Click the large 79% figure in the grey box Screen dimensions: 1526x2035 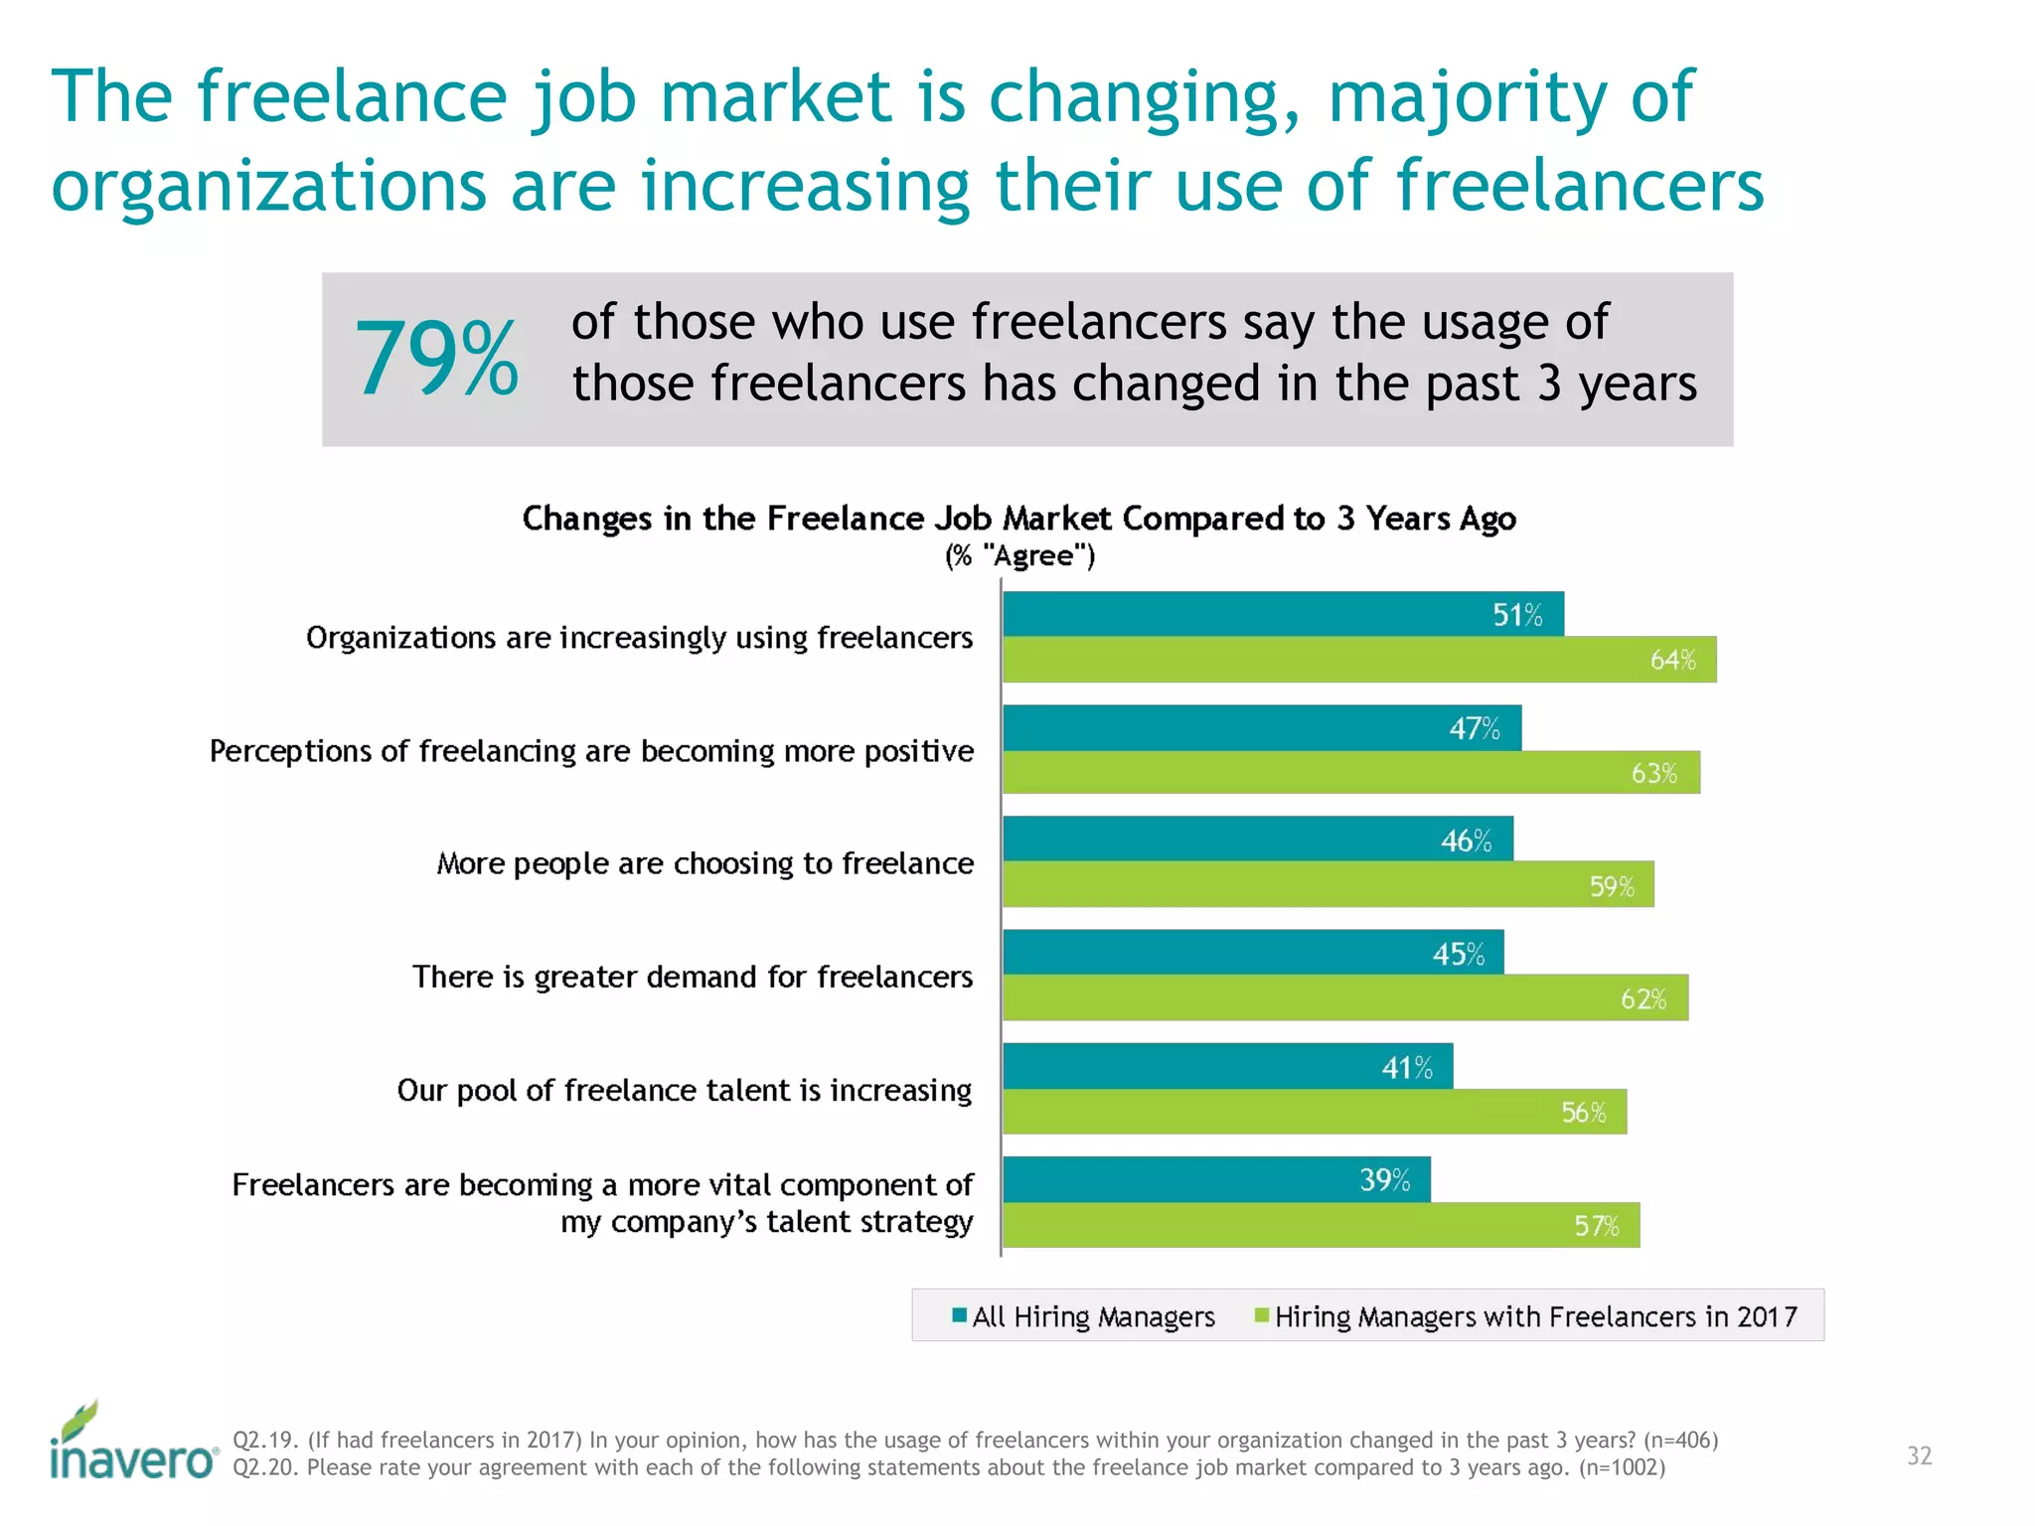[436, 359]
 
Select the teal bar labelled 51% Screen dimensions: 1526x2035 [1282, 614]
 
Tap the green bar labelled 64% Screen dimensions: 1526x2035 [1358, 660]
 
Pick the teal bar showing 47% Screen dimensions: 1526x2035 [1261, 728]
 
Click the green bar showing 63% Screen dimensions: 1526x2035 [1350, 773]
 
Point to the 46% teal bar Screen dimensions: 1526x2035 [1257, 839]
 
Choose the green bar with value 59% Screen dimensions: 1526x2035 [1328, 885]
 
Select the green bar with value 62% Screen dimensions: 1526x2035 [1344, 997]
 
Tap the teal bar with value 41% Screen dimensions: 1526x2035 [1227, 1067]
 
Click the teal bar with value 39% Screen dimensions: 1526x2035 [1216, 1179]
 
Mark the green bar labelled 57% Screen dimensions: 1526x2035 [1321, 1225]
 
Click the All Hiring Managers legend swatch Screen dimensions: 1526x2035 [959, 1315]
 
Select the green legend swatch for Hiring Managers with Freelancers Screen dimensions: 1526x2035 [1262, 1315]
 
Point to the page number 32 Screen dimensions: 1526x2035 [1919, 1456]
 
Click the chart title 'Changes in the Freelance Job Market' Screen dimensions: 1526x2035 [1018, 519]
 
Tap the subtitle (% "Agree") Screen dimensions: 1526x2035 [1019, 556]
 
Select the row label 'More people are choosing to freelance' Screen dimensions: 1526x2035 [704, 863]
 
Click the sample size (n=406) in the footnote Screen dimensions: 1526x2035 [1680, 1440]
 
